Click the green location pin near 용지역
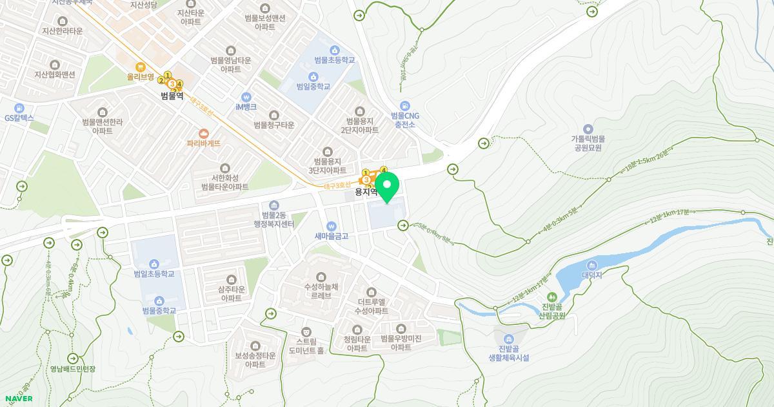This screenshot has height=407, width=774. pyautogui.click(x=387, y=185)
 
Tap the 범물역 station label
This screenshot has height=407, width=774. pyautogui.click(x=172, y=96)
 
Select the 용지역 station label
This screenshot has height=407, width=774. pyautogui.click(x=366, y=192)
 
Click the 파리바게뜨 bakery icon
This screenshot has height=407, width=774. pyautogui.click(x=204, y=133)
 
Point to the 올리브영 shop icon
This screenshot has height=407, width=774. pyautogui.click(x=140, y=67)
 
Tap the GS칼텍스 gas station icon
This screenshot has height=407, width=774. pyautogui.click(x=19, y=108)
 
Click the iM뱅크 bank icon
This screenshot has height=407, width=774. pyautogui.click(x=246, y=96)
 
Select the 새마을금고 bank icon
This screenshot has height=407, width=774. pyautogui.click(x=332, y=226)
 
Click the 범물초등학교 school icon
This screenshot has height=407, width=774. pyautogui.click(x=334, y=50)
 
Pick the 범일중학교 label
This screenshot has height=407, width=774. pyautogui.click(x=313, y=86)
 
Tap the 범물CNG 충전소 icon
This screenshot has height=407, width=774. pyautogui.click(x=404, y=105)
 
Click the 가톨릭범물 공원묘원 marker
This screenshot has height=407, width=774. pyautogui.click(x=587, y=129)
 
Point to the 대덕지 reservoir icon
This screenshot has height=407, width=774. pyautogui.click(x=591, y=265)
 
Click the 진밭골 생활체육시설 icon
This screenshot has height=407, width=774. pyautogui.click(x=508, y=339)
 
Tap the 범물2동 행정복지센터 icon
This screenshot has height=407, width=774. pyautogui.click(x=274, y=205)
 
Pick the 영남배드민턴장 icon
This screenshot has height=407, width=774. pyautogui.click(x=73, y=359)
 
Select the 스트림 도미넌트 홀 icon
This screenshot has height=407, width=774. pyautogui.click(x=306, y=331)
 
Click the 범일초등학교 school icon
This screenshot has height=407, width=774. pyautogui.click(x=154, y=264)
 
